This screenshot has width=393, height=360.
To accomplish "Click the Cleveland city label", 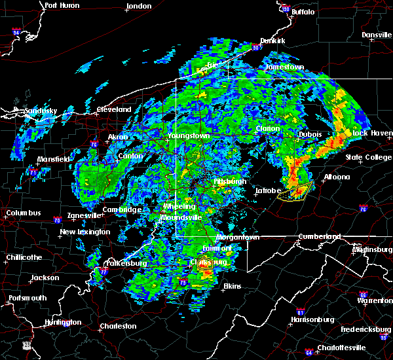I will click(114, 109).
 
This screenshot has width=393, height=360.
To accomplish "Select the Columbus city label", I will click(24, 213).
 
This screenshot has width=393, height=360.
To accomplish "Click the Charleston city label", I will click(118, 326).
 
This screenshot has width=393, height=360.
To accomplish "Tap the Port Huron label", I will click(62, 5).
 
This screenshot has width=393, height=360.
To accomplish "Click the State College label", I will click(369, 157).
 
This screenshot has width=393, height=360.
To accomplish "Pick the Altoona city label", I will click(337, 177).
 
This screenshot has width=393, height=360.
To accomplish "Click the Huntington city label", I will click(63, 322).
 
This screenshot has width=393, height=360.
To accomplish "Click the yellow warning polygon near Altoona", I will click(293, 192).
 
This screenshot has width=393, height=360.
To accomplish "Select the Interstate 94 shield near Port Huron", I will click(16, 31).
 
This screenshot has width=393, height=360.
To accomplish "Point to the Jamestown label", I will click(284, 67).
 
